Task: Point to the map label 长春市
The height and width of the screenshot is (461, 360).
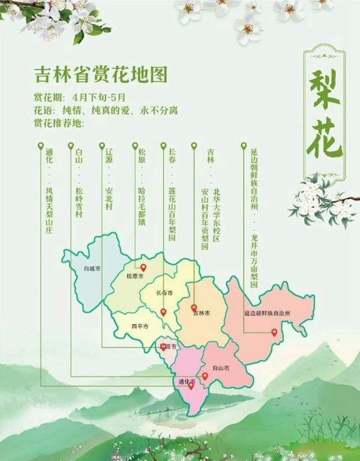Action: coord(164,294)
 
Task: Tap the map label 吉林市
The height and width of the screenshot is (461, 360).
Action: coord(201,313)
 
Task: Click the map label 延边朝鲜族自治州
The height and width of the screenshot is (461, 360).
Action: coord(267,313)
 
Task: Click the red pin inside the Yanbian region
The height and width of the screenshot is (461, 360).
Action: coord(274,333)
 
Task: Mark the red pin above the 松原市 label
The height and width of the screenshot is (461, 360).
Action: coord(143,268)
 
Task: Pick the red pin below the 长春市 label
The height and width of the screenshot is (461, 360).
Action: coord(163,312)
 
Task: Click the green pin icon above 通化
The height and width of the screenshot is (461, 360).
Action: coord(41,146)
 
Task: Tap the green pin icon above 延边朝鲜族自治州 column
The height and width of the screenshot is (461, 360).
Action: coord(244,146)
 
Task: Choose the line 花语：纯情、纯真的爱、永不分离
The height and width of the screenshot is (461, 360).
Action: coord(106,111)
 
